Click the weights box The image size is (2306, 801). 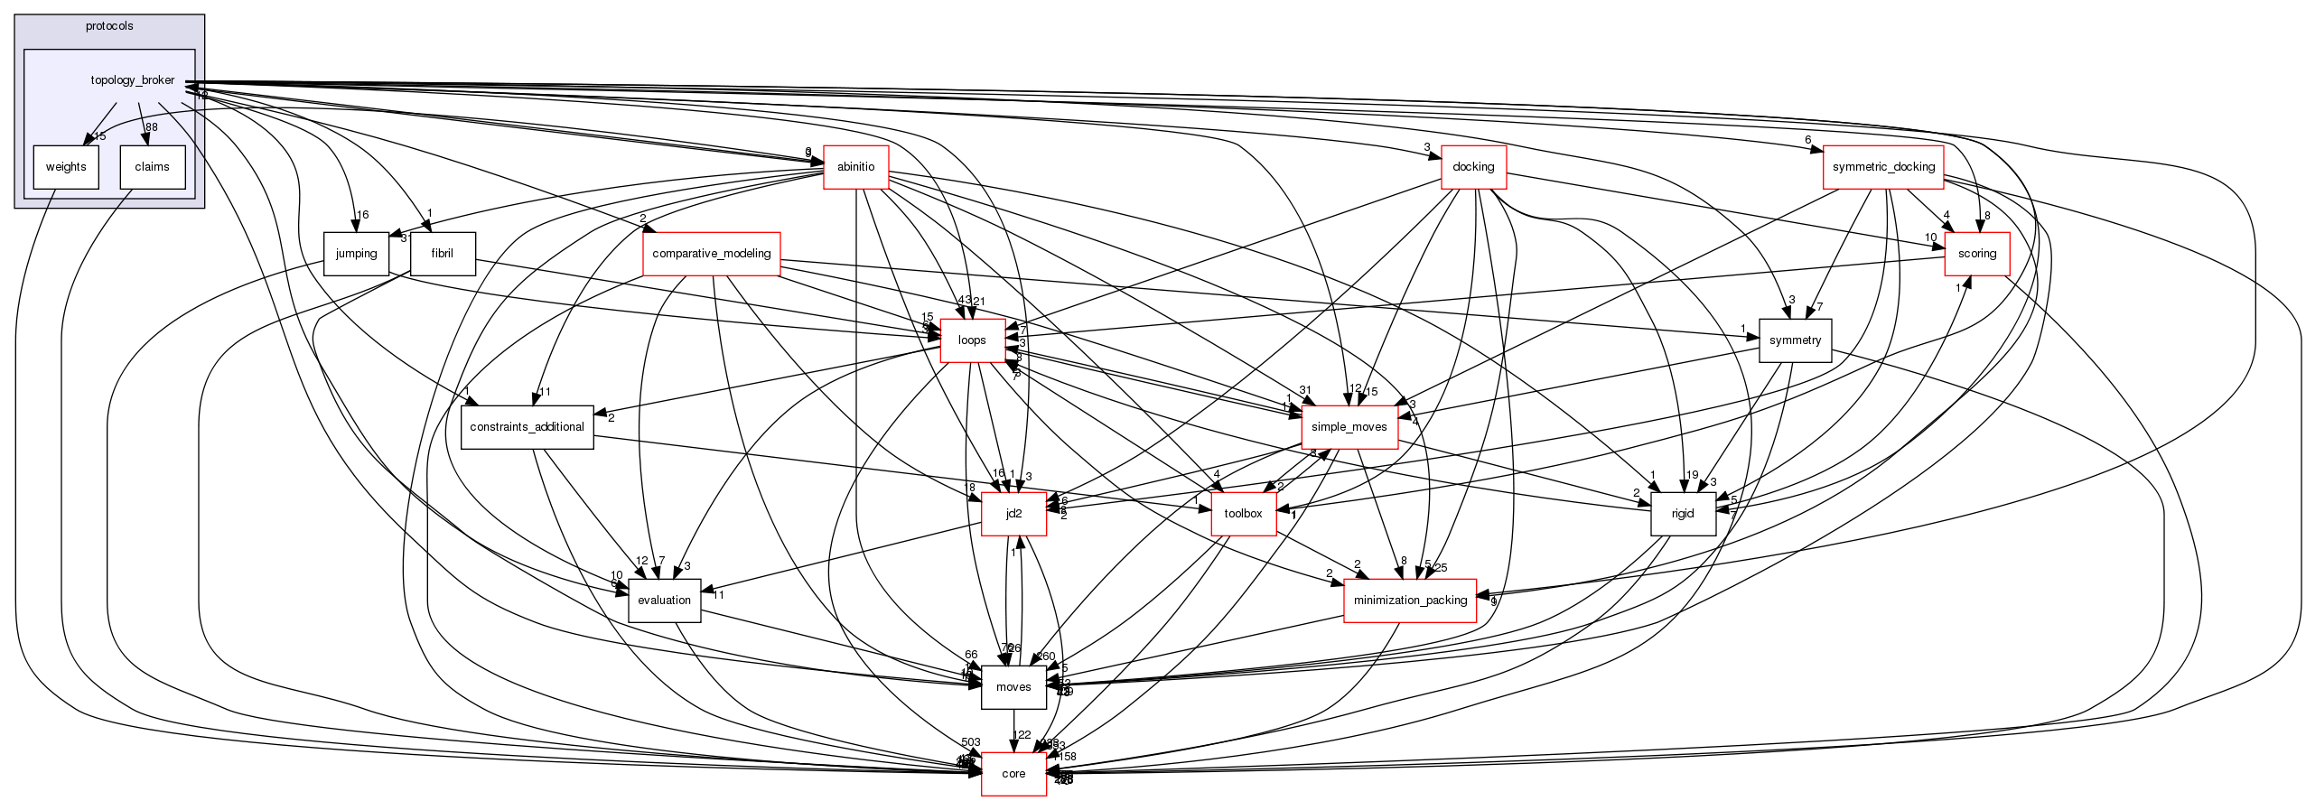[66, 167]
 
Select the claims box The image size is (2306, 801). [153, 167]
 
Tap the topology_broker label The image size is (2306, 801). [133, 80]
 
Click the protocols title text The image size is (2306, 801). [109, 26]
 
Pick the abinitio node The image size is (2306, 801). [855, 167]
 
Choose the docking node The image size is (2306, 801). [1473, 167]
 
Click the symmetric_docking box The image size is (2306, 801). [1883, 167]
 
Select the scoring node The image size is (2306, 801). [1976, 254]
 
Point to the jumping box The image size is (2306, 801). [356, 254]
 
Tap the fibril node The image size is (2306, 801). [442, 254]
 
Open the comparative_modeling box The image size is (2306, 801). [711, 254]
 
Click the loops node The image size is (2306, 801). [972, 340]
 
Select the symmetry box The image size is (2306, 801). [1795, 340]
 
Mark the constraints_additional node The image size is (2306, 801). [527, 427]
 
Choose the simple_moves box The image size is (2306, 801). [1349, 427]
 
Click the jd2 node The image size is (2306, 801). [1013, 514]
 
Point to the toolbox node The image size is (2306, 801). [1243, 514]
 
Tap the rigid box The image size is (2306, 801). [1683, 514]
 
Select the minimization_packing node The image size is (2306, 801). [1410, 601]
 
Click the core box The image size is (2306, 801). [1013, 774]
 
